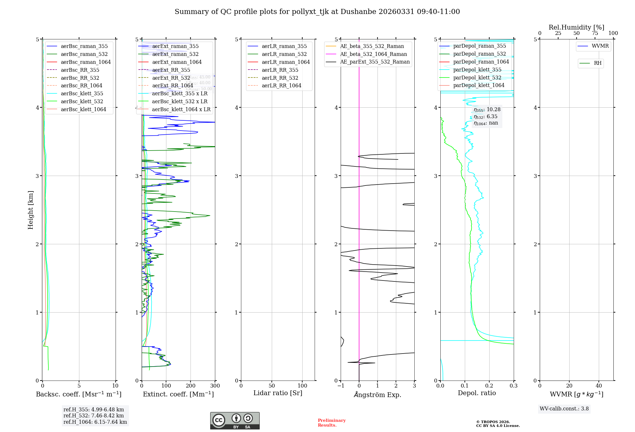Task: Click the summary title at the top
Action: pyautogui.click(x=317, y=12)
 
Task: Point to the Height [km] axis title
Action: pyautogui.click(x=30, y=210)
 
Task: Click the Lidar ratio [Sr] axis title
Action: pyautogui.click(x=278, y=393)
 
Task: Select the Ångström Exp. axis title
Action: pyautogui.click(x=378, y=395)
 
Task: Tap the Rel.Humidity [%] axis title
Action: pyautogui.click(x=576, y=27)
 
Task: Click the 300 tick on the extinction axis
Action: pyautogui.click(x=215, y=386)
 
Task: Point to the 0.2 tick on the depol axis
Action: pyautogui.click(x=489, y=386)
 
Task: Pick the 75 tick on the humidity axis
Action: pyautogui.click(x=595, y=33)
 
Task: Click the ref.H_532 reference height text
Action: pyautogui.click(x=94, y=416)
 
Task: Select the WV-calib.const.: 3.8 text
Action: pyautogui.click(x=564, y=409)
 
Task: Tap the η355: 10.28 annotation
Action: pyautogui.click(x=487, y=110)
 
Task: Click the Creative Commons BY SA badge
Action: pyautogui.click(x=235, y=421)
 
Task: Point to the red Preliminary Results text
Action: pyautogui.click(x=331, y=423)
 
